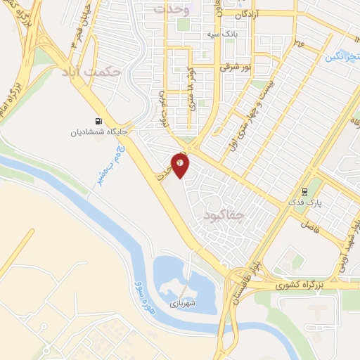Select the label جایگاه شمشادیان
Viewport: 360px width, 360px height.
click(x=97, y=131)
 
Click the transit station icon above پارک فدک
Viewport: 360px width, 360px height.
click(x=304, y=191)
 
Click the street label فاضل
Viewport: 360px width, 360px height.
click(x=310, y=225)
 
